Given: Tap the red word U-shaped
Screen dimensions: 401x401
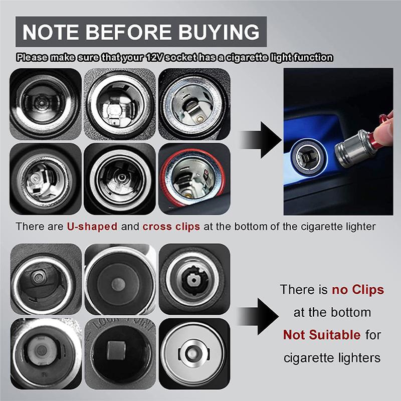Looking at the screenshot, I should [92, 226].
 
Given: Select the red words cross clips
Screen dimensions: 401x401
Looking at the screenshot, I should [171, 226].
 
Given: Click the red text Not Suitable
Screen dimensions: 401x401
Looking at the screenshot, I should [321, 334].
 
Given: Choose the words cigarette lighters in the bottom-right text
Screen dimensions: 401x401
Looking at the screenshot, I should [332, 358].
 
